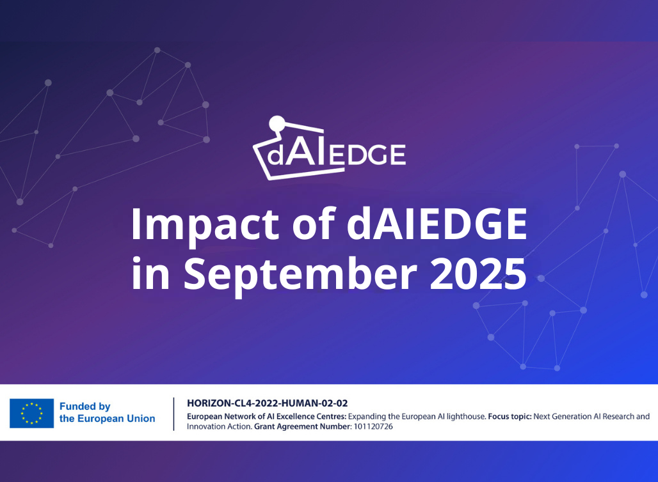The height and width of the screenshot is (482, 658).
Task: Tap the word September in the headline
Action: pyautogui.click(x=300, y=275)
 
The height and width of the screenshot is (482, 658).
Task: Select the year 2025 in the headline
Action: pyautogui.click(x=478, y=273)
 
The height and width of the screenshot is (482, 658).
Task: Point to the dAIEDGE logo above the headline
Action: pyautogui.click(x=330, y=148)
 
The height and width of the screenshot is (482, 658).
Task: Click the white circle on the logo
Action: pyautogui.click(x=277, y=123)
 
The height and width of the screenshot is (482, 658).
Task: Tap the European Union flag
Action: pyautogui.click(x=31, y=413)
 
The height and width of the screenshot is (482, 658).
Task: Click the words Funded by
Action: pyautogui.click(x=84, y=407)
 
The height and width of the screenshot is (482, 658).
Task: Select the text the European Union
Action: pyautogui.click(x=107, y=418)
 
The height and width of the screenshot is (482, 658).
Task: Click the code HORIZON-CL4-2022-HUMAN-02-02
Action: pyautogui.click(x=268, y=403)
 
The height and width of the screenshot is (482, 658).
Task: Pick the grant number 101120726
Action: pyautogui.click(x=373, y=426)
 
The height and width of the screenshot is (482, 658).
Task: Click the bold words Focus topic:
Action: pyautogui.click(x=510, y=417)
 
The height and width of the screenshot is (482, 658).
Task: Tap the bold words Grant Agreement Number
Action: pyautogui.click(x=302, y=426)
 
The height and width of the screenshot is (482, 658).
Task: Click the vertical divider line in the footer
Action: pyautogui.click(x=173, y=414)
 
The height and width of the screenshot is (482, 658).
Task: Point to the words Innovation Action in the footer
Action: pyautogui.click(x=219, y=426)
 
